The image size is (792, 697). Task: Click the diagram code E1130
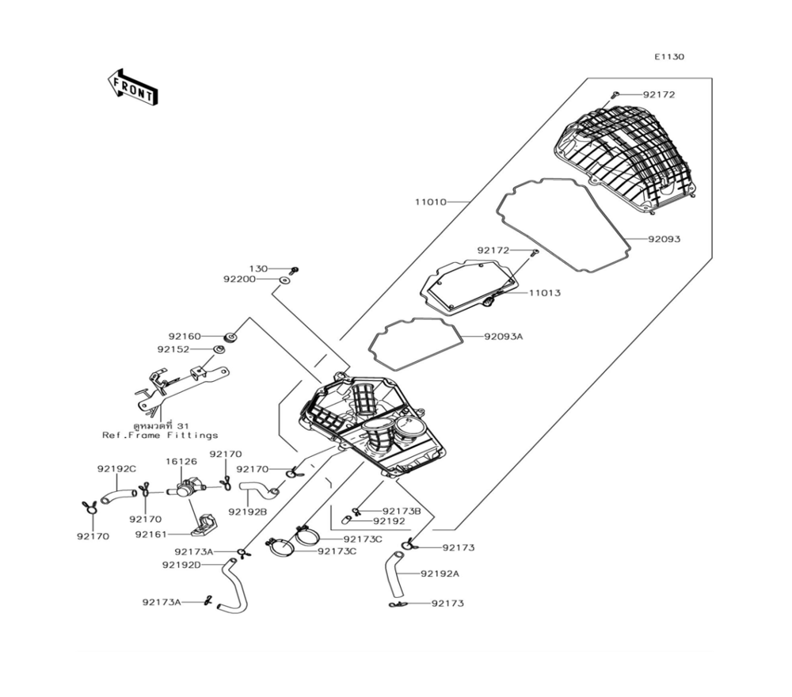coord(668,57)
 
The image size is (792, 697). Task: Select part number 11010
coord(430,202)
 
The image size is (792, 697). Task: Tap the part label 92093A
coord(504,337)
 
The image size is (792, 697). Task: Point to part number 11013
coord(545,293)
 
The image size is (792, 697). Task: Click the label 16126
coord(181,460)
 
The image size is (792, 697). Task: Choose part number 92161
coord(150,535)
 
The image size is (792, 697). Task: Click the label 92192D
coord(181,565)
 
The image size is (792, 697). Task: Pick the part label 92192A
coord(440,573)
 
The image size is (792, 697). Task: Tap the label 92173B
coord(402,511)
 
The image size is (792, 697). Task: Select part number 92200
coord(239,280)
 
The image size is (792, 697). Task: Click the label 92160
coord(184,336)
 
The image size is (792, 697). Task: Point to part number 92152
coord(173,348)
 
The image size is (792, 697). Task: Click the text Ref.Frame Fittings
coord(160,436)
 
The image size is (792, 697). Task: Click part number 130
coord(259,269)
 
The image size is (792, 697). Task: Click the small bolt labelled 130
coord(295,269)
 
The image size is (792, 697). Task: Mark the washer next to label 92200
coord(284,280)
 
